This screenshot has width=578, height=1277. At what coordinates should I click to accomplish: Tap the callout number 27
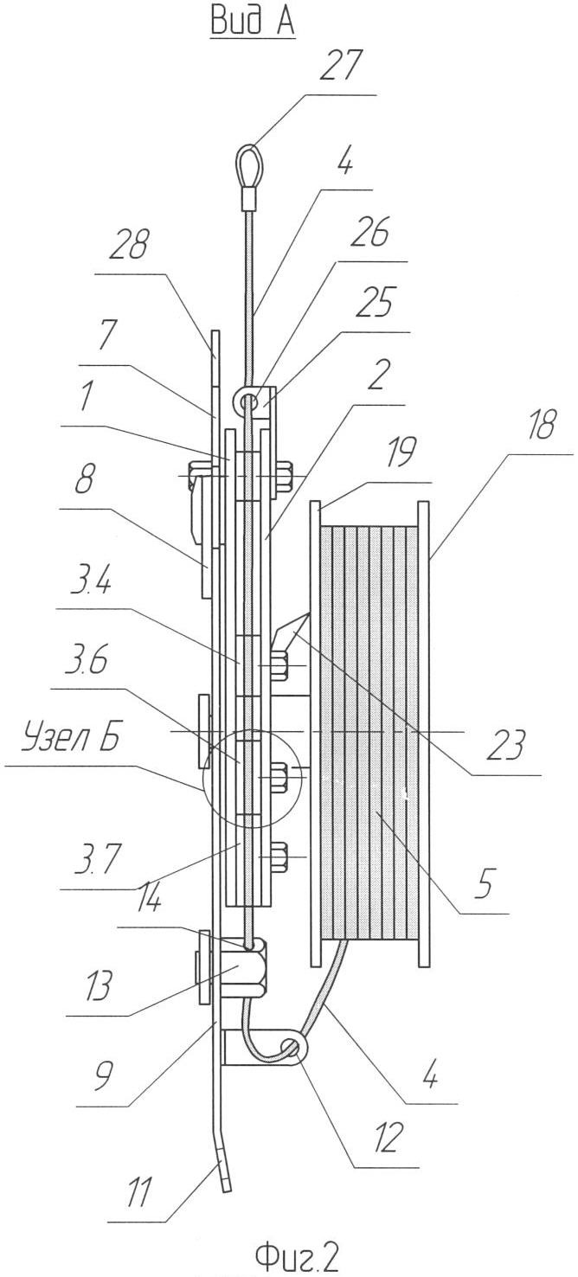(x=341, y=67)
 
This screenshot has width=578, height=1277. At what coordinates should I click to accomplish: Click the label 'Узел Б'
(x=70, y=739)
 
